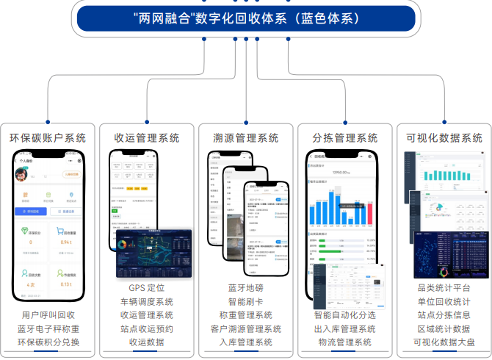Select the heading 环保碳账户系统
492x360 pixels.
(48, 137)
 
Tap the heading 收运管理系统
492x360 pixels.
(147, 137)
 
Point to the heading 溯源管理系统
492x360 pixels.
(246, 137)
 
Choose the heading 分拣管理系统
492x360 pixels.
(344, 137)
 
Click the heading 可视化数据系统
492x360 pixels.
(444, 137)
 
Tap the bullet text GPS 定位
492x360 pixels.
(147, 288)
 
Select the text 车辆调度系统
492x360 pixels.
(147, 301)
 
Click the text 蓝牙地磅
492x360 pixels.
(246, 288)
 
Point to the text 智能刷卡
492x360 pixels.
(246, 301)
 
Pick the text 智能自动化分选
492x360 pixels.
(344, 315)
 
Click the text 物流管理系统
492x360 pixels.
(344, 342)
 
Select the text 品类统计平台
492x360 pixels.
(444, 288)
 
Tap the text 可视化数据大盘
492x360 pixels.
(444, 342)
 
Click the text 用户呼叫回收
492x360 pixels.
(48, 315)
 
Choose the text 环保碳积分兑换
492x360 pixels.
(48, 342)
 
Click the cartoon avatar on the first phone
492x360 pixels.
(22, 174)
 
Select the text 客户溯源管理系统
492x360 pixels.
(246, 328)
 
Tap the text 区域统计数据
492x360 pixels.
(444, 328)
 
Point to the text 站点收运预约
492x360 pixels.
(147, 328)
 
